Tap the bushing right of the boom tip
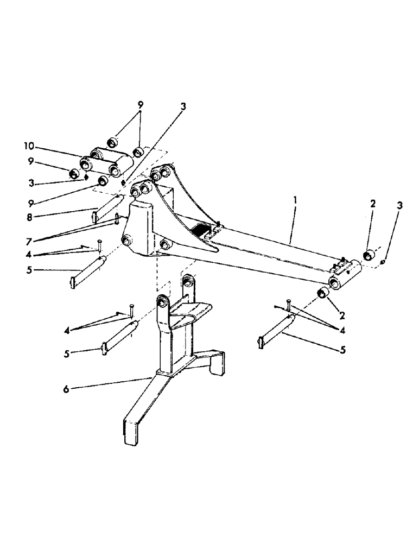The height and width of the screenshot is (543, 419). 369,253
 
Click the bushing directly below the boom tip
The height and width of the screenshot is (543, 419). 324,294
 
